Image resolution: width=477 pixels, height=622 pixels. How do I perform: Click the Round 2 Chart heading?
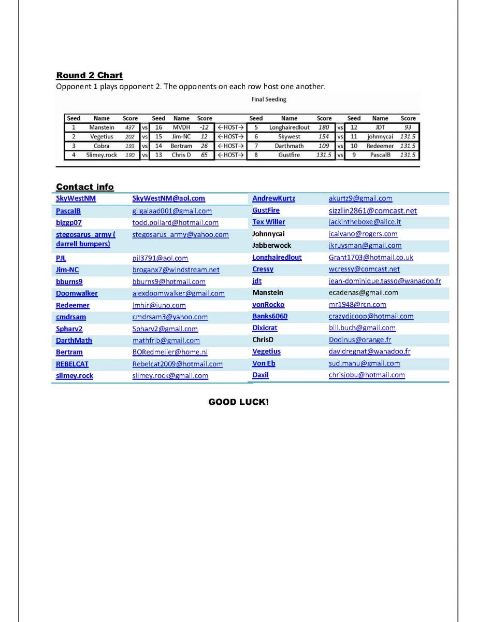(89, 76)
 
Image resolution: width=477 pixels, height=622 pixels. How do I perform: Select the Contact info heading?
(85, 187)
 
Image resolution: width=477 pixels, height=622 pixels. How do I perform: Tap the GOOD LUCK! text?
(238, 402)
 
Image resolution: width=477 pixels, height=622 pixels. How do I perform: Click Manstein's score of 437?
(130, 127)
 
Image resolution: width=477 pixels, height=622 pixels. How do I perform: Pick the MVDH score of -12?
(204, 127)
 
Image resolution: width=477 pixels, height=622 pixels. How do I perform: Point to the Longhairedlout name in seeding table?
(289, 127)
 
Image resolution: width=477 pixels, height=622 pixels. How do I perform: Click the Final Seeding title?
(269, 100)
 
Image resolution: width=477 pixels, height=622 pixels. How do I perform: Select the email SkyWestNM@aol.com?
(168, 199)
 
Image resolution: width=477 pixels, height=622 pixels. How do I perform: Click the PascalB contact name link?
(68, 211)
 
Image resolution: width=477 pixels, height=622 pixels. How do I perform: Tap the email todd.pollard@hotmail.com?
(175, 223)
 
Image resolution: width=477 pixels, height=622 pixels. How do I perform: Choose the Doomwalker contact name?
(77, 293)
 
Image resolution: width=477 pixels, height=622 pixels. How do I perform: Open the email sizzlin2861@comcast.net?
(372, 211)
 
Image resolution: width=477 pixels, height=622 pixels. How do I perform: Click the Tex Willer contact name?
(268, 222)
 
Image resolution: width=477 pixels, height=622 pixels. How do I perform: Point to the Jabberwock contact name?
(271, 246)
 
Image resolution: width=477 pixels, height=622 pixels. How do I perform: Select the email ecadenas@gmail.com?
(363, 293)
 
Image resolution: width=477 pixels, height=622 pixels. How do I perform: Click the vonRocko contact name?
(268, 305)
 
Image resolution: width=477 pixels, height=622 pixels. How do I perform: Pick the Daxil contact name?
(260, 375)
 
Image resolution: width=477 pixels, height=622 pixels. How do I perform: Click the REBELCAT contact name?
(72, 364)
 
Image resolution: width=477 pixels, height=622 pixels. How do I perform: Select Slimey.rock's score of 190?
(130, 155)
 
